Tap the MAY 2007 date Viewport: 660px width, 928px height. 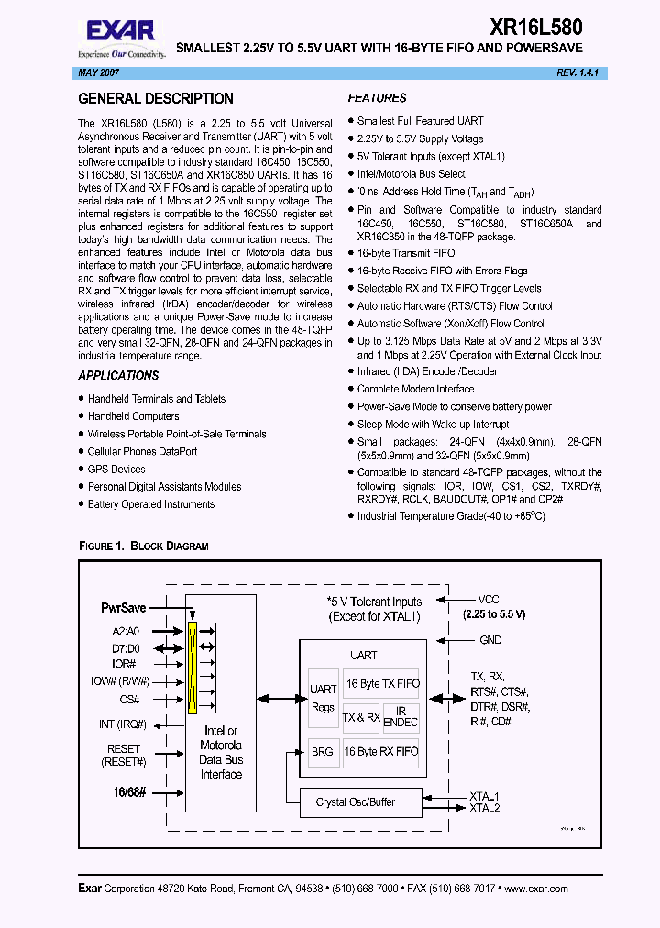pyautogui.click(x=94, y=72)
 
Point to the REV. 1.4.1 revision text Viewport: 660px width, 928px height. pyautogui.click(x=577, y=72)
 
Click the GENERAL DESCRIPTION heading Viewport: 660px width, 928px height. pyautogui.click(x=156, y=99)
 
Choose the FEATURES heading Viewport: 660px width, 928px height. pyautogui.click(x=377, y=98)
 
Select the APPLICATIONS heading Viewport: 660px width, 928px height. pyautogui.click(x=118, y=375)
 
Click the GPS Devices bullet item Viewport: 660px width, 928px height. pyautogui.click(x=116, y=469)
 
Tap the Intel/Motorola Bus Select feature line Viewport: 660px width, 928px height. pyautogui.click(x=411, y=174)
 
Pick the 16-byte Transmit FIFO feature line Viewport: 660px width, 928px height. pyautogui.click(x=405, y=254)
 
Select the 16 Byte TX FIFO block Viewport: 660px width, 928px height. pyautogui.click(x=381, y=684)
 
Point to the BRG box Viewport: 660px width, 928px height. pyautogui.click(x=323, y=752)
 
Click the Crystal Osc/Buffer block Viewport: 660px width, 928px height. pyautogui.click(x=356, y=802)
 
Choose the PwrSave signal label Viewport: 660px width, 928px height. pyautogui.click(x=124, y=607)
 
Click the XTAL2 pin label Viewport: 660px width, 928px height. pyautogui.click(x=484, y=808)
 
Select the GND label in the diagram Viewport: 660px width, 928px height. pyautogui.click(x=490, y=640)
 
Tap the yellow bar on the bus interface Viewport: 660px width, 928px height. pyautogui.click(x=192, y=668)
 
